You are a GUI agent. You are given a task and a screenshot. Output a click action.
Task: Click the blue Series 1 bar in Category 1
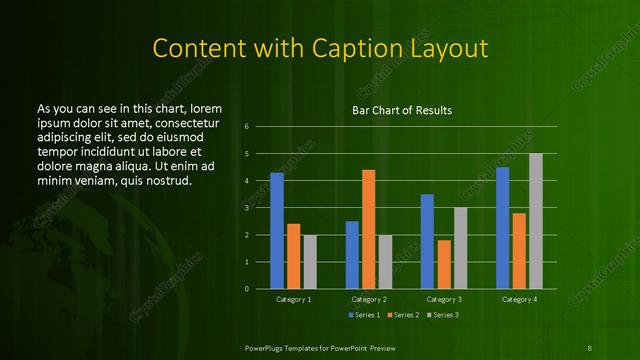[x=277, y=231]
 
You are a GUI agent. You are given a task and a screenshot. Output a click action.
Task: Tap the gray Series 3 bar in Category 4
[x=535, y=221]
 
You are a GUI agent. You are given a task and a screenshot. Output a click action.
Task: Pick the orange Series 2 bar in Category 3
[x=443, y=264]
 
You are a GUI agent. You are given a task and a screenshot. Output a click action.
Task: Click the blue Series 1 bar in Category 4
[x=502, y=228]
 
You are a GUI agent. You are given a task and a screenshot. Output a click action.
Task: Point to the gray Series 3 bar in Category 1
[x=310, y=262]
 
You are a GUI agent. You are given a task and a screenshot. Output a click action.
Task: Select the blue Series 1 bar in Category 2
[x=352, y=255]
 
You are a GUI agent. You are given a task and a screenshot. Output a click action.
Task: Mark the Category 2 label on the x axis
[x=369, y=299]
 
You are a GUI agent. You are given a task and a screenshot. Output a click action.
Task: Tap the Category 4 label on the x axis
[x=519, y=299]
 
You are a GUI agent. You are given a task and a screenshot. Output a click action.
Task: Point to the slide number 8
[x=590, y=347]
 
